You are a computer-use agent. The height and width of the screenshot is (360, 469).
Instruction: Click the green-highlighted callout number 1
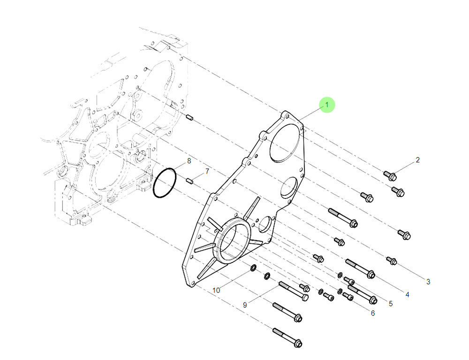point(327,105)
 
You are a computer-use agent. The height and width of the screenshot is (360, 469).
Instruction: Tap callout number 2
point(417,161)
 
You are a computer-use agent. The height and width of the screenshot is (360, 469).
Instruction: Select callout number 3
point(428,282)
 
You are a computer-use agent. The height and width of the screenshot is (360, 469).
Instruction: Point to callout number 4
point(407,295)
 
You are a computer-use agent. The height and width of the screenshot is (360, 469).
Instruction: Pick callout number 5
point(391,304)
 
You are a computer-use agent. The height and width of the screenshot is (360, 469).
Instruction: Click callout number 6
point(373,313)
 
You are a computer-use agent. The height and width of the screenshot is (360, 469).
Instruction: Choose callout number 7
point(207,171)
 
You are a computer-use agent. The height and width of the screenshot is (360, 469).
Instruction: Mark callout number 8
point(189,161)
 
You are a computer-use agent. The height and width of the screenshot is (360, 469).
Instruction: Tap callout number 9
point(244,305)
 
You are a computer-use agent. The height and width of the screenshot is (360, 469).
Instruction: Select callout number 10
point(216,291)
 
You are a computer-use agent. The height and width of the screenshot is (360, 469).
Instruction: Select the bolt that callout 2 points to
point(390,176)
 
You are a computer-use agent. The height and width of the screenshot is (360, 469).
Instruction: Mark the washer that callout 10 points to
point(252,268)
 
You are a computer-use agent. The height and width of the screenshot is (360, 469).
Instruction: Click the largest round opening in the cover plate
point(285,139)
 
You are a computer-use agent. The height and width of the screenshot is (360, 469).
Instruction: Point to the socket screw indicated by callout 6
point(348,296)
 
